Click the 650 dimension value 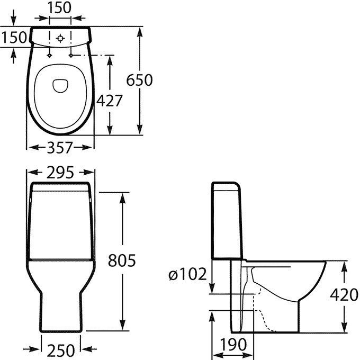[x=139, y=80]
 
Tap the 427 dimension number [x=109, y=101]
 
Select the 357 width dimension [x=60, y=148]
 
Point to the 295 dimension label [x=60, y=173]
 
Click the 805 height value [x=122, y=260]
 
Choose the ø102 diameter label [x=187, y=274]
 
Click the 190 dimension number [x=233, y=345]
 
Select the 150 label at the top [x=59, y=7]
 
